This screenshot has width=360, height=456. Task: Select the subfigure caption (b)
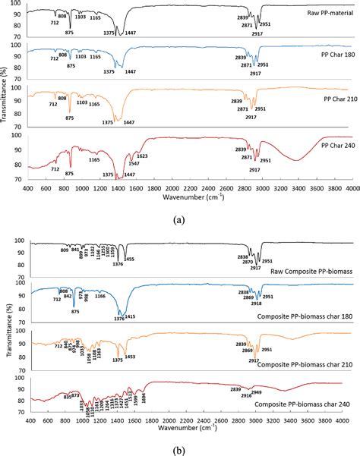(x=179, y=448)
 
